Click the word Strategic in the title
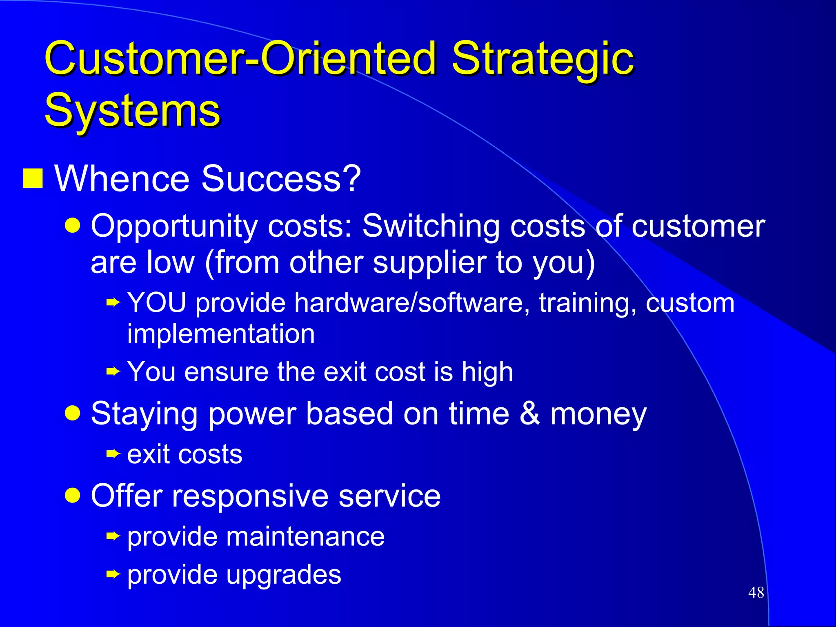point(543,59)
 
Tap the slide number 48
point(756,592)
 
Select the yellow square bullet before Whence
point(33,178)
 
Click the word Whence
point(122,178)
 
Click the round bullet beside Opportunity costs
point(73,225)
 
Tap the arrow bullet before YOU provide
point(113,302)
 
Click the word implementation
point(221,334)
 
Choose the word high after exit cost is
point(487,372)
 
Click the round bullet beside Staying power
point(73,413)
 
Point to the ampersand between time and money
point(530,413)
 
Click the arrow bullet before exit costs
point(113,454)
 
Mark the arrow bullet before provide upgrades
point(113,574)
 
